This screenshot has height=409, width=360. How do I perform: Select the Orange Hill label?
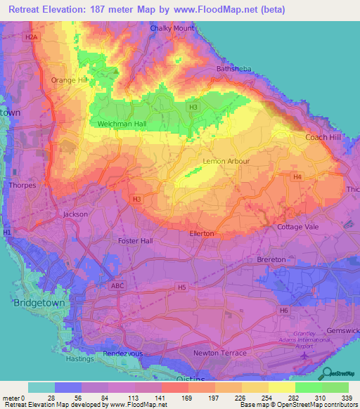68,80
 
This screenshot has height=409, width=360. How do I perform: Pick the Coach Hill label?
323,137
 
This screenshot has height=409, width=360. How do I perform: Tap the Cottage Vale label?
298,227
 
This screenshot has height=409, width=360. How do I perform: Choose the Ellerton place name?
206,233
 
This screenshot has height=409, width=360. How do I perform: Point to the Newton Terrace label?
220,352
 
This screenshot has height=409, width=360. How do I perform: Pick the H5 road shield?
182,287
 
